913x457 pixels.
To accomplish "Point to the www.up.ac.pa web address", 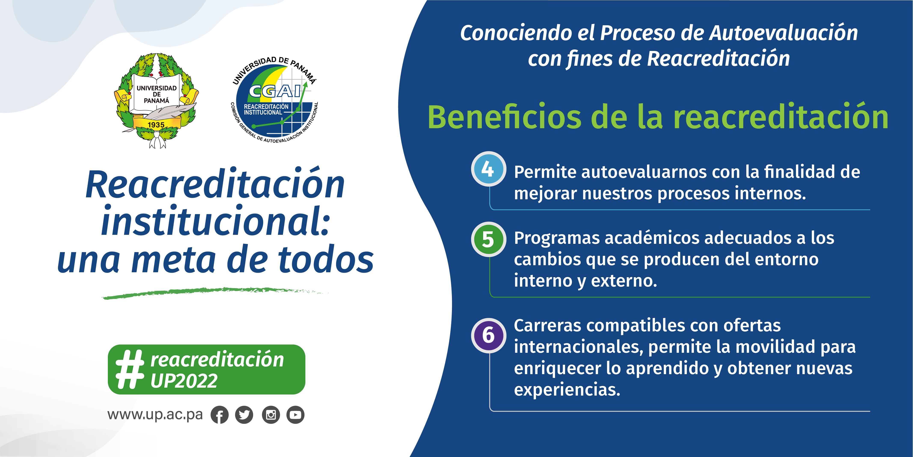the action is click(155, 414).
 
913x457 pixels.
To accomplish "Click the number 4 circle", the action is click(488, 169).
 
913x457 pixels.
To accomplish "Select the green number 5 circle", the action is click(488, 239).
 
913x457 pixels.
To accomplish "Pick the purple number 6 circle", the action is click(488, 335).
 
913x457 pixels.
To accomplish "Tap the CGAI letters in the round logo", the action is click(275, 91).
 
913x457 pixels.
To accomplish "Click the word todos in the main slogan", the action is click(326, 259).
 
